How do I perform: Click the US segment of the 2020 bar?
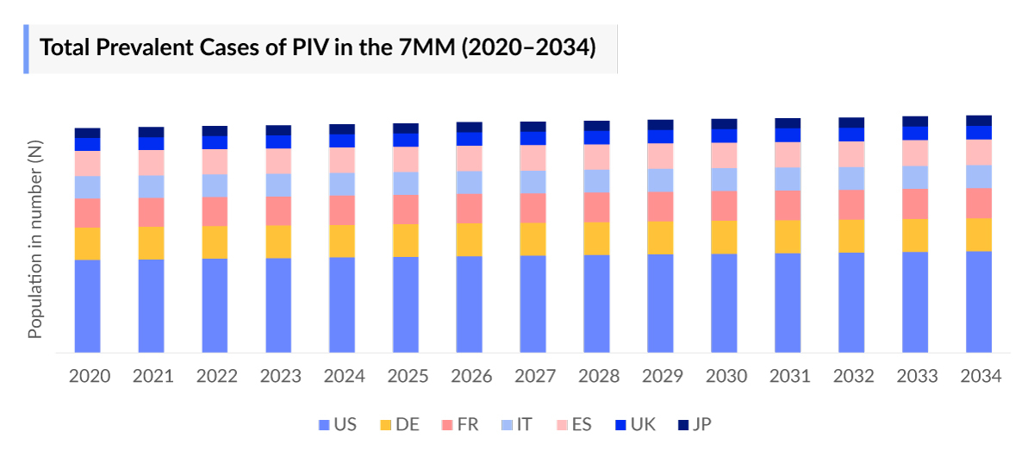tap(87, 306)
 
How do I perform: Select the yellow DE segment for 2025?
tap(406, 240)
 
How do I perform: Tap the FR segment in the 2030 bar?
tap(725, 205)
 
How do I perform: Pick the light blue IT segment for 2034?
tap(979, 176)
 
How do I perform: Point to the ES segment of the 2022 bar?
tap(215, 161)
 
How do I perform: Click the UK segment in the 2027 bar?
tap(533, 138)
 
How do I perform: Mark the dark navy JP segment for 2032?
tap(851, 122)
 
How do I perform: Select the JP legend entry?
tap(695, 424)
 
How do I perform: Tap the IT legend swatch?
tap(508, 424)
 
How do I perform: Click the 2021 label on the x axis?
tap(152, 377)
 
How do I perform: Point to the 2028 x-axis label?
tap(597, 377)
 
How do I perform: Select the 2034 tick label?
tap(979, 377)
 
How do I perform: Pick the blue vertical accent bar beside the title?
tap(26, 47)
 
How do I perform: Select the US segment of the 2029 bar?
tap(661, 304)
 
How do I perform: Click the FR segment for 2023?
tap(278, 210)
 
